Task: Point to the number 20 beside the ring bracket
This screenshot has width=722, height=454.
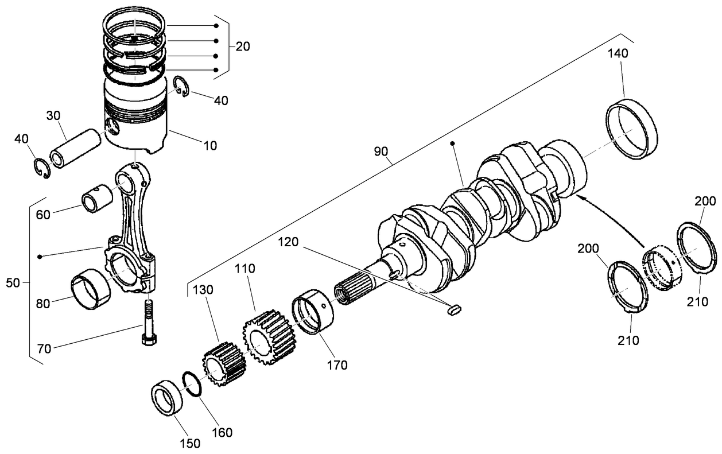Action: tap(242, 46)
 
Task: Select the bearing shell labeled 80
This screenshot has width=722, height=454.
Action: tap(89, 289)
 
